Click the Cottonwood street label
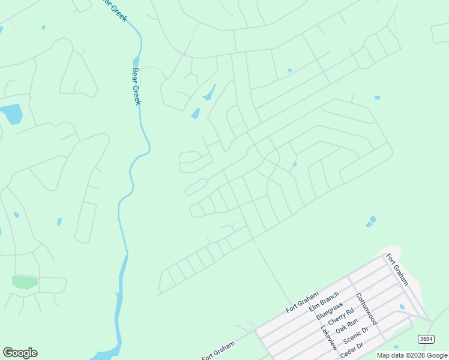click(x=366, y=309)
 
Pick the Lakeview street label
click(x=329, y=338)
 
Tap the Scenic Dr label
click(x=355, y=338)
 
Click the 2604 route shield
click(x=426, y=339)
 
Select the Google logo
click(x=20, y=353)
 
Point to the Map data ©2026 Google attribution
click(x=412, y=355)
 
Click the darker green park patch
click(x=25, y=282)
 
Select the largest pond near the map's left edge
click(x=11, y=113)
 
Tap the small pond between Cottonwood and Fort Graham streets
click(x=402, y=307)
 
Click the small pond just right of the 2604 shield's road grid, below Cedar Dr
click(x=396, y=347)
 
